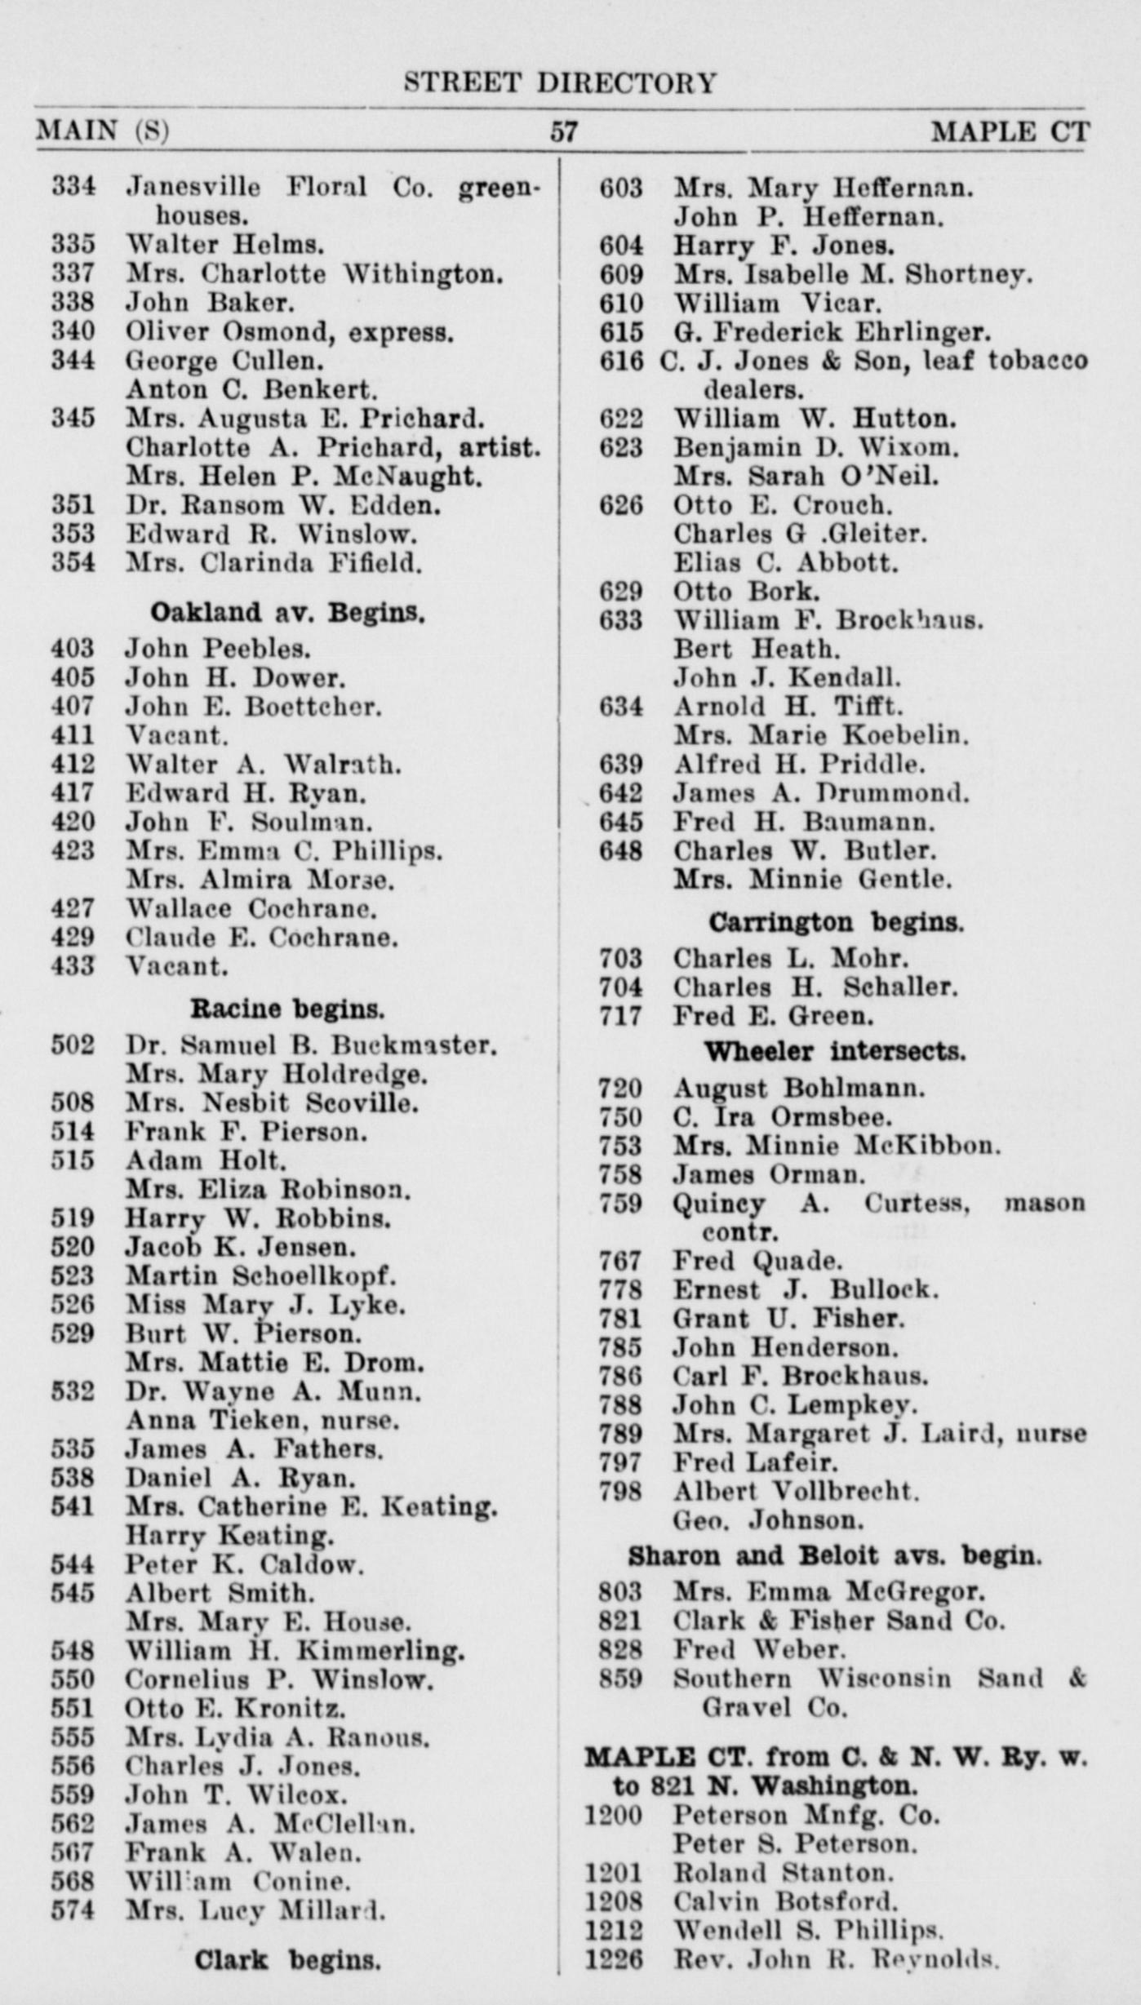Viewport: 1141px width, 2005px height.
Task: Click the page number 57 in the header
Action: click(x=563, y=131)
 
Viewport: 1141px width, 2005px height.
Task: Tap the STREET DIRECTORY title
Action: click(x=561, y=82)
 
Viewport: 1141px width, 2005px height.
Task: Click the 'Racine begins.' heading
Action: click(x=286, y=1009)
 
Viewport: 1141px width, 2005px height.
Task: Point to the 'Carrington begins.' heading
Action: click(x=835, y=922)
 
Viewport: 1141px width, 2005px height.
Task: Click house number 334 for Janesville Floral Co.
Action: click(x=73, y=187)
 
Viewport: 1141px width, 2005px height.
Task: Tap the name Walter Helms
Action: click(x=224, y=244)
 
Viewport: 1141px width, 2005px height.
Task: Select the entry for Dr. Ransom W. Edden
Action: click(x=282, y=505)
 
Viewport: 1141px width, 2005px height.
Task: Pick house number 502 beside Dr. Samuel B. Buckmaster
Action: click(x=73, y=1045)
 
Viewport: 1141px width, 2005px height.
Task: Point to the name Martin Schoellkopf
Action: click(x=260, y=1275)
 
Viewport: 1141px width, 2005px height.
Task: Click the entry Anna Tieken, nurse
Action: click(x=262, y=1420)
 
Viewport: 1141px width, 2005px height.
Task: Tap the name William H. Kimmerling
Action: click(x=295, y=1651)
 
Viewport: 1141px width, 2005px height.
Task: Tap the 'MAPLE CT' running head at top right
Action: click(x=1010, y=131)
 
